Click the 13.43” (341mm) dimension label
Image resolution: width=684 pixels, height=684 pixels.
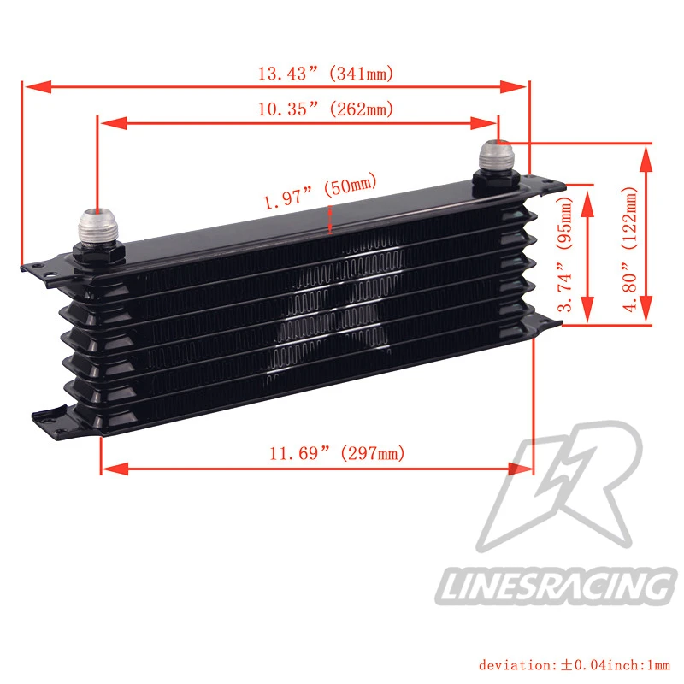[326, 74]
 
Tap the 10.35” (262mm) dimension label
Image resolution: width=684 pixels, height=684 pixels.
[326, 109]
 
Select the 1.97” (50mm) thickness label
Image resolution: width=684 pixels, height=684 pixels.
[320, 191]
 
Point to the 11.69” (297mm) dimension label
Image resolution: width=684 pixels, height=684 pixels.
[337, 453]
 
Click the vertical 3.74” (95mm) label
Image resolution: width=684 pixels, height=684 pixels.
[565, 254]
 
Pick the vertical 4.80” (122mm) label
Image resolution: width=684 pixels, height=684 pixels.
[630, 249]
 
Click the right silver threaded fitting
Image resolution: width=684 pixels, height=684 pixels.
[500, 157]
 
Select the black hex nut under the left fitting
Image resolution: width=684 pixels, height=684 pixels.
[99, 255]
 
